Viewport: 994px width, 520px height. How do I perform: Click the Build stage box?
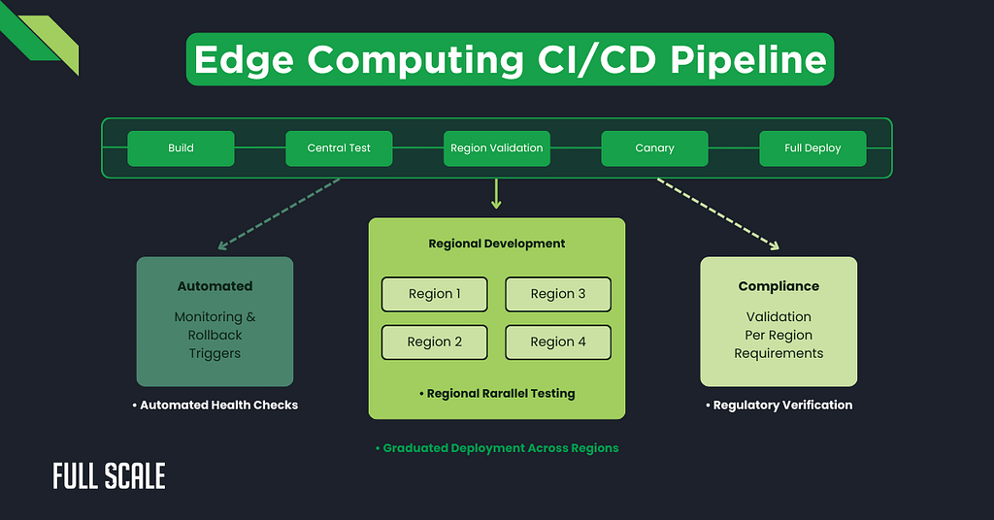[181, 148]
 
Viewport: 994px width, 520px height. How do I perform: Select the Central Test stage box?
[339, 148]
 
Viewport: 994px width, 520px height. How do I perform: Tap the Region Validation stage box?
[497, 148]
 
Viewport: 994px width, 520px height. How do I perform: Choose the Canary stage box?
[654, 148]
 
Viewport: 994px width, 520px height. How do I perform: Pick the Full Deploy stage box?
[812, 148]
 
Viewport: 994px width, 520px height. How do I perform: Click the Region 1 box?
[434, 294]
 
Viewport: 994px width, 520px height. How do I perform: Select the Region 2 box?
[434, 341]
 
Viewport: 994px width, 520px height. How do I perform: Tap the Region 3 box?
[558, 294]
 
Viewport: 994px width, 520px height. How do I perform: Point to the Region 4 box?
[558, 341]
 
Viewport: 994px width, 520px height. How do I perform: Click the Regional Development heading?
[497, 244]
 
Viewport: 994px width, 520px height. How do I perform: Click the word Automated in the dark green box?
[215, 286]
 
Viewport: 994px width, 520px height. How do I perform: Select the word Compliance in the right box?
[779, 286]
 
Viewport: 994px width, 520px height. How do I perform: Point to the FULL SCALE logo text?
[109, 476]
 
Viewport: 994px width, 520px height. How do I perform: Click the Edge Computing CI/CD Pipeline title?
[510, 60]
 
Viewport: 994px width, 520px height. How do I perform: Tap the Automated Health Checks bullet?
[215, 405]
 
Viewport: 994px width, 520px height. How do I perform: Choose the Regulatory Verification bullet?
[779, 405]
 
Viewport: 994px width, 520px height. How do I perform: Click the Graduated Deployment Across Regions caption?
[497, 448]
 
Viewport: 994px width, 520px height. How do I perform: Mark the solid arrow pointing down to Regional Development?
[497, 195]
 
